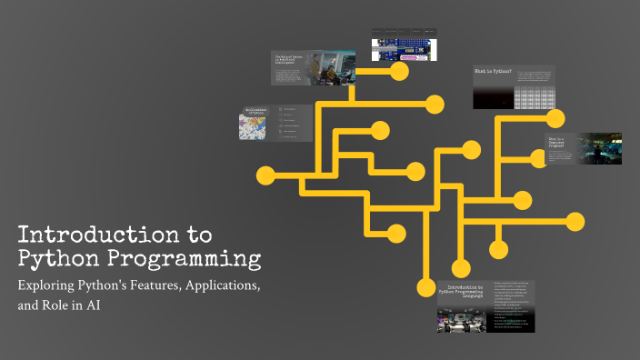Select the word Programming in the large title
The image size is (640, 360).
[x=185, y=258]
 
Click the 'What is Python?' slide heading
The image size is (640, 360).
[x=493, y=71]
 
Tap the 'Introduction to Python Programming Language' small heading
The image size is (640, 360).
[x=463, y=290]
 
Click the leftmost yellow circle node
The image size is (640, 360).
[x=265, y=174]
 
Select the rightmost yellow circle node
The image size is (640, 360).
[x=575, y=220]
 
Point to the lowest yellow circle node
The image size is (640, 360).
[x=425, y=289]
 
